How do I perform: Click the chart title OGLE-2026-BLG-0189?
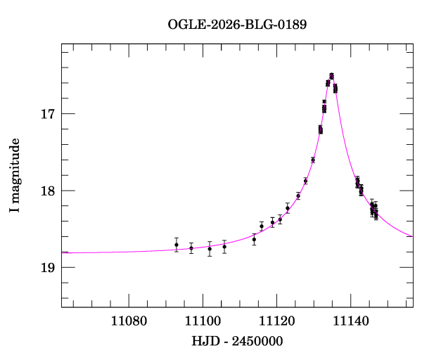pyautogui.click(x=237, y=25)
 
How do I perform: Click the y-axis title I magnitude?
pyautogui.click(x=15, y=175)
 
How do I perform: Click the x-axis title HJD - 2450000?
pyautogui.click(x=237, y=341)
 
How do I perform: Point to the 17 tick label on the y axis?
pyautogui.click(x=46, y=114)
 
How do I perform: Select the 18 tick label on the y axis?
pyautogui.click(x=46, y=191)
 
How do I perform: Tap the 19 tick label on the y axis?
pyautogui.click(x=46, y=267)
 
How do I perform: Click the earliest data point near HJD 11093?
pyautogui.click(x=177, y=245)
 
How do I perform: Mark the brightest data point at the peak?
pyautogui.click(x=331, y=75)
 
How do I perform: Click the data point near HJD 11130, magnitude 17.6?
pyautogui.click(x=313, y=160)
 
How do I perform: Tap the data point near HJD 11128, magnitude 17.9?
pyautogui.click(x=305, y=181)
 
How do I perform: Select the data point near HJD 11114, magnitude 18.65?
pyautogui.click(x=254, y=240)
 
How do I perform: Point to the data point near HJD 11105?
pyautogui.click(x=224, y=246)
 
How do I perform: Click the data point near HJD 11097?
pyautogui.click(x=191, y=247)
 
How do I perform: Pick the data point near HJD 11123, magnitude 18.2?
pyautogui.click(x=288, y=208)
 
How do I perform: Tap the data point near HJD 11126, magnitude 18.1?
pyautogui.click(x=298, y=196)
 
